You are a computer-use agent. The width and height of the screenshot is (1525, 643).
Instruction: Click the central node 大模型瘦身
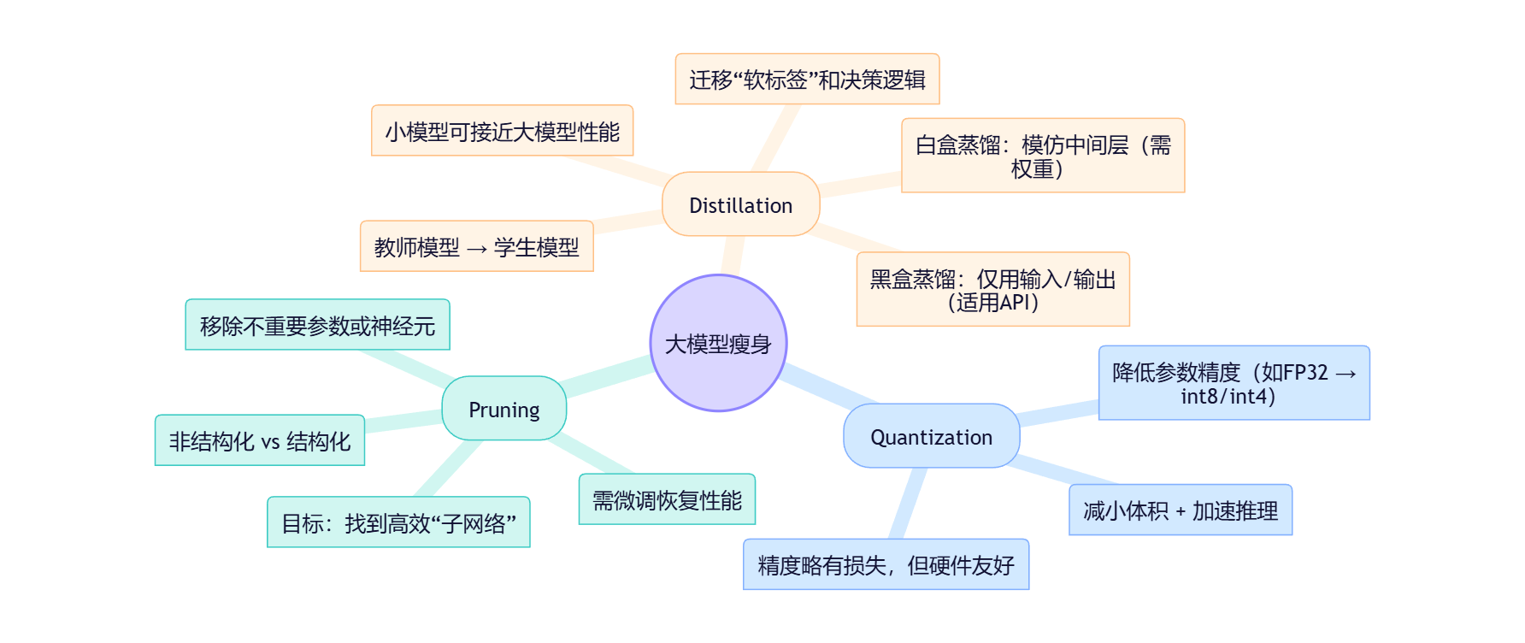click(x=718, y=344)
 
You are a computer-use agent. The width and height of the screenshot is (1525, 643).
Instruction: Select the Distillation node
click(x=740, y=205)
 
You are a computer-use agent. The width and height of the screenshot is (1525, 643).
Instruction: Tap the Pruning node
click(x=503, y=410)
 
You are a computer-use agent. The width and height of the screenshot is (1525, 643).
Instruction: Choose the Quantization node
click(x=931, y=437)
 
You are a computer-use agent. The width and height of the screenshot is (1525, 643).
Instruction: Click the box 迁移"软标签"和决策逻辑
click(x=807, y=80)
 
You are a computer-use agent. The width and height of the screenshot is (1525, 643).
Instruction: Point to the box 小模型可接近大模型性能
click(x=502, y=132)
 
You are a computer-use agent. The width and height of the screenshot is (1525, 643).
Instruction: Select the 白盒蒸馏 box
click(x=1043, y=156)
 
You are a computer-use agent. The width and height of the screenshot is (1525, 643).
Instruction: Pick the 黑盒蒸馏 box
click(x=992, y=290)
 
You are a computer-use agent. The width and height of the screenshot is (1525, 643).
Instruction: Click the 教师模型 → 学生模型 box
click(x=476, y=247)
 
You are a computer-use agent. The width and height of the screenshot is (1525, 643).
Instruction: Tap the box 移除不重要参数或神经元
click(x=317, y=326)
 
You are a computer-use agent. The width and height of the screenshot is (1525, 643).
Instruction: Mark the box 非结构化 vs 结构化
click(x=259, y=441)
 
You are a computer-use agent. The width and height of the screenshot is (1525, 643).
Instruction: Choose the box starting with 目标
click(x=398, y=522)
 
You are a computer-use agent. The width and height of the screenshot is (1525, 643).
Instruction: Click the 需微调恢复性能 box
click(x=667, y=500)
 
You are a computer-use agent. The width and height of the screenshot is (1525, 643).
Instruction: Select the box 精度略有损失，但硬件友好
click(x=886, y=565)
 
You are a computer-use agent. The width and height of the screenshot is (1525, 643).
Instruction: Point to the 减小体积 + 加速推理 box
click(x=1180, y=510)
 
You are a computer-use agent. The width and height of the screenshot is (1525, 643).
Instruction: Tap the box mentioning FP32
click(x=1234, y=383)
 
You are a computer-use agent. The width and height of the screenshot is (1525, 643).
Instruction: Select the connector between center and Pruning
click(x=609, y=377)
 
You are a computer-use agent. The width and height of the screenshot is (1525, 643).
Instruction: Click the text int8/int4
click(x=1228, y=396)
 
